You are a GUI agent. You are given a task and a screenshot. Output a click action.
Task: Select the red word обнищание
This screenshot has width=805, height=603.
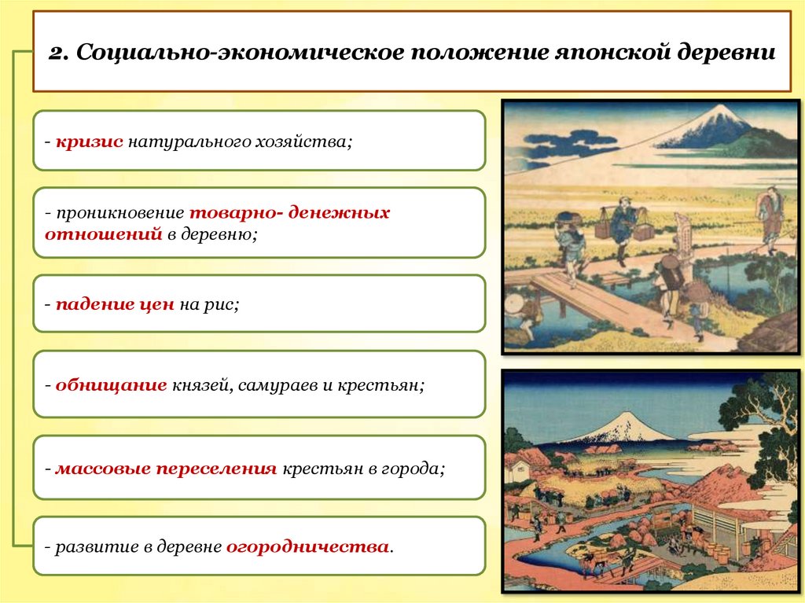coord(110,385)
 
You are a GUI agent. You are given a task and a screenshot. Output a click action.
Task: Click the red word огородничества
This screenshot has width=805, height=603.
coord(307,546)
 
